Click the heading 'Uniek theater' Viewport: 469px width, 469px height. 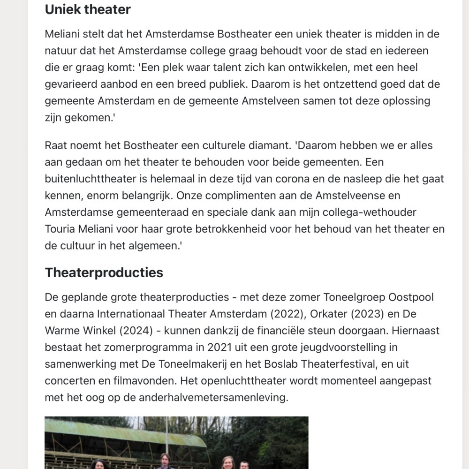(x=88, y=9)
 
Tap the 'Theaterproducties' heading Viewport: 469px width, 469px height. (x=104, y=272)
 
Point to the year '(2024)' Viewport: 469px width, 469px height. (x=136, y=331)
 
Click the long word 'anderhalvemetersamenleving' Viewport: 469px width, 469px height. (x=204, y=397)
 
